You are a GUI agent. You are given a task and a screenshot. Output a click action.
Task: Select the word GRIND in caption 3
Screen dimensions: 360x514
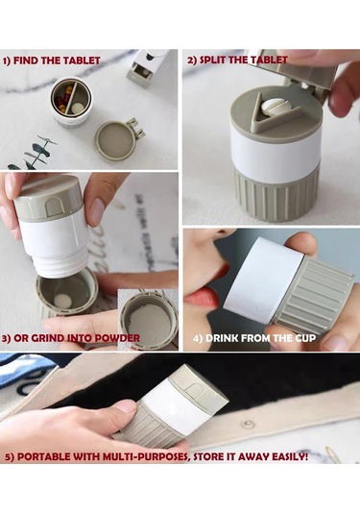point(48,338)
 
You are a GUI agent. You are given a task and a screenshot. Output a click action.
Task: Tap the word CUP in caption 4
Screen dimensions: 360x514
point(305,338)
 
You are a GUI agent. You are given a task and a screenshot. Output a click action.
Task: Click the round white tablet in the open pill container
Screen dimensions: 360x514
point(78,108)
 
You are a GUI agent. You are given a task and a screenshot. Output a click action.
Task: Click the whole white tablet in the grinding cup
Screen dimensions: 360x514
point(61,300)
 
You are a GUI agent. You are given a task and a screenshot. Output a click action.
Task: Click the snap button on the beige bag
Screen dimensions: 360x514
point(248,425)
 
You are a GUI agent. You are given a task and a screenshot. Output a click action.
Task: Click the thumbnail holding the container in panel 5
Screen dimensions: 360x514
point(126,407)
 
